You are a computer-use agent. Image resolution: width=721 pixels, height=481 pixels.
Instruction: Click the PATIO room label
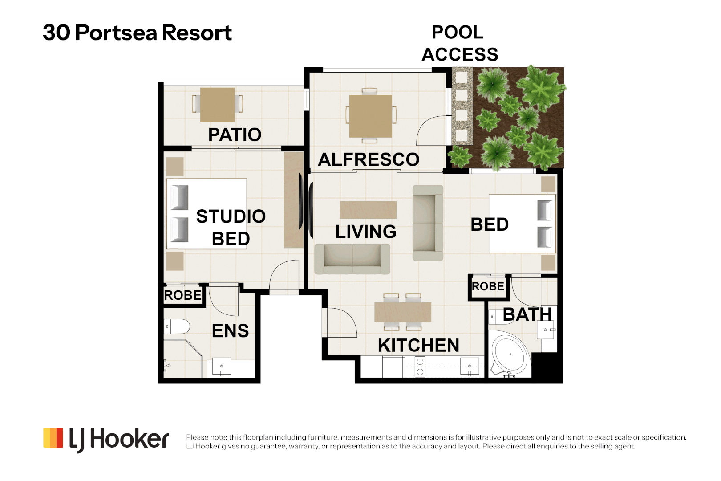click(x=235, y=135)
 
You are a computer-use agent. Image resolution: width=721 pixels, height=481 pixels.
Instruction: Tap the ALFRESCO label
click(x=369, y=159)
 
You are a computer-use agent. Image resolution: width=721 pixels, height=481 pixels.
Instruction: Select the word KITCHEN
click(x=418, y=345)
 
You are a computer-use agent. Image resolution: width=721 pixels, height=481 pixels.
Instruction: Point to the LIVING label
click(x=366, y=231)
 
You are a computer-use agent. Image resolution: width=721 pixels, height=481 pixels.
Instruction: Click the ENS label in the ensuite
click(x=230, y=330)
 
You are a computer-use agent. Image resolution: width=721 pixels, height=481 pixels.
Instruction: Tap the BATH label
click(x=527, y=314)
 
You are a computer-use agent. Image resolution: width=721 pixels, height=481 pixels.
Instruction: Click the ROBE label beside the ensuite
click(x=182, y=295)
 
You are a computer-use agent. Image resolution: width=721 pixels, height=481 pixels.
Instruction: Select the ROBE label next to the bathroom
click(x=488, y=286)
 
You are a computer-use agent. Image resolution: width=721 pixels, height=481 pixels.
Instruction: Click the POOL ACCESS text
click(x=460, y=43)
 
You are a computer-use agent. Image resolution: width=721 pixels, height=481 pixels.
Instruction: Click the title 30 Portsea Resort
click(x=137, y=33)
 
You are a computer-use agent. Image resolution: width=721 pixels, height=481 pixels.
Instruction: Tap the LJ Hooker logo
click(x=106, y=439)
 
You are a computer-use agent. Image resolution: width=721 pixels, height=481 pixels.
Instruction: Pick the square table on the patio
click(x=217, y=105)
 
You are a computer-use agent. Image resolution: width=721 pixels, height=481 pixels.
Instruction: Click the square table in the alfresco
click(x=370, y=116)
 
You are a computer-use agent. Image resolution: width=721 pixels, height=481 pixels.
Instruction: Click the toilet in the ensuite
click(x=177, y=327)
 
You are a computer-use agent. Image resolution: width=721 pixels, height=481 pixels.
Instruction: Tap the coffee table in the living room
click(x=368, y=210)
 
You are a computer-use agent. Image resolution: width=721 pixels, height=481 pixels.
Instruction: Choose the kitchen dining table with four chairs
click(x=403, y=312)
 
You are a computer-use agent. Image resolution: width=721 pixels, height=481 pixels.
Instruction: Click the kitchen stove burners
click(x=420, y=367)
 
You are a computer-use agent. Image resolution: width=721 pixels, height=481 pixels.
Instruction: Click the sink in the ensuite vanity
click(x=222, y=366)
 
